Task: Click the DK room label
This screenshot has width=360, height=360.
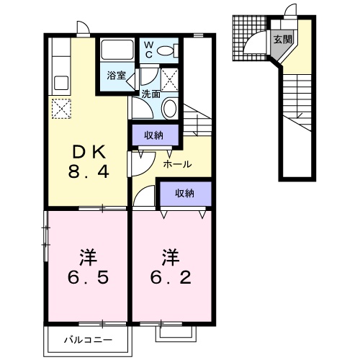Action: tap(89, 152)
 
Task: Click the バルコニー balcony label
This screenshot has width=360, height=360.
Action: tap(88, 340)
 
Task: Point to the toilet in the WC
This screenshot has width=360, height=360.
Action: tap(168, 50)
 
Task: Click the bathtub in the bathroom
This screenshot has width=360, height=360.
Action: tap(117, 50)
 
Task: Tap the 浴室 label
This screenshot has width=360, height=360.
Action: tap(117, 76)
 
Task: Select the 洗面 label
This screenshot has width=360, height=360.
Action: tap(150, 94)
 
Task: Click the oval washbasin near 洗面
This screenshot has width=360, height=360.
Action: tap(170, 109)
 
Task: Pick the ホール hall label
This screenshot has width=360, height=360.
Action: tap(177, 164)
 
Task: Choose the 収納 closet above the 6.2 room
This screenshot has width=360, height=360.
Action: tap(186, 194)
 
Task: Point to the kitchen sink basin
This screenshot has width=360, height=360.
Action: tap(61, 83)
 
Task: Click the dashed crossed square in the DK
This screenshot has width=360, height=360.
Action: tap(61, 109)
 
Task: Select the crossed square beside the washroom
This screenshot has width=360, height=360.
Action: tap(169, 80)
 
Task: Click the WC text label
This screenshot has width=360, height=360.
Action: tap(149, 50)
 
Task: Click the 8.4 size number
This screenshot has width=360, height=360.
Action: tap(89, 171)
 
